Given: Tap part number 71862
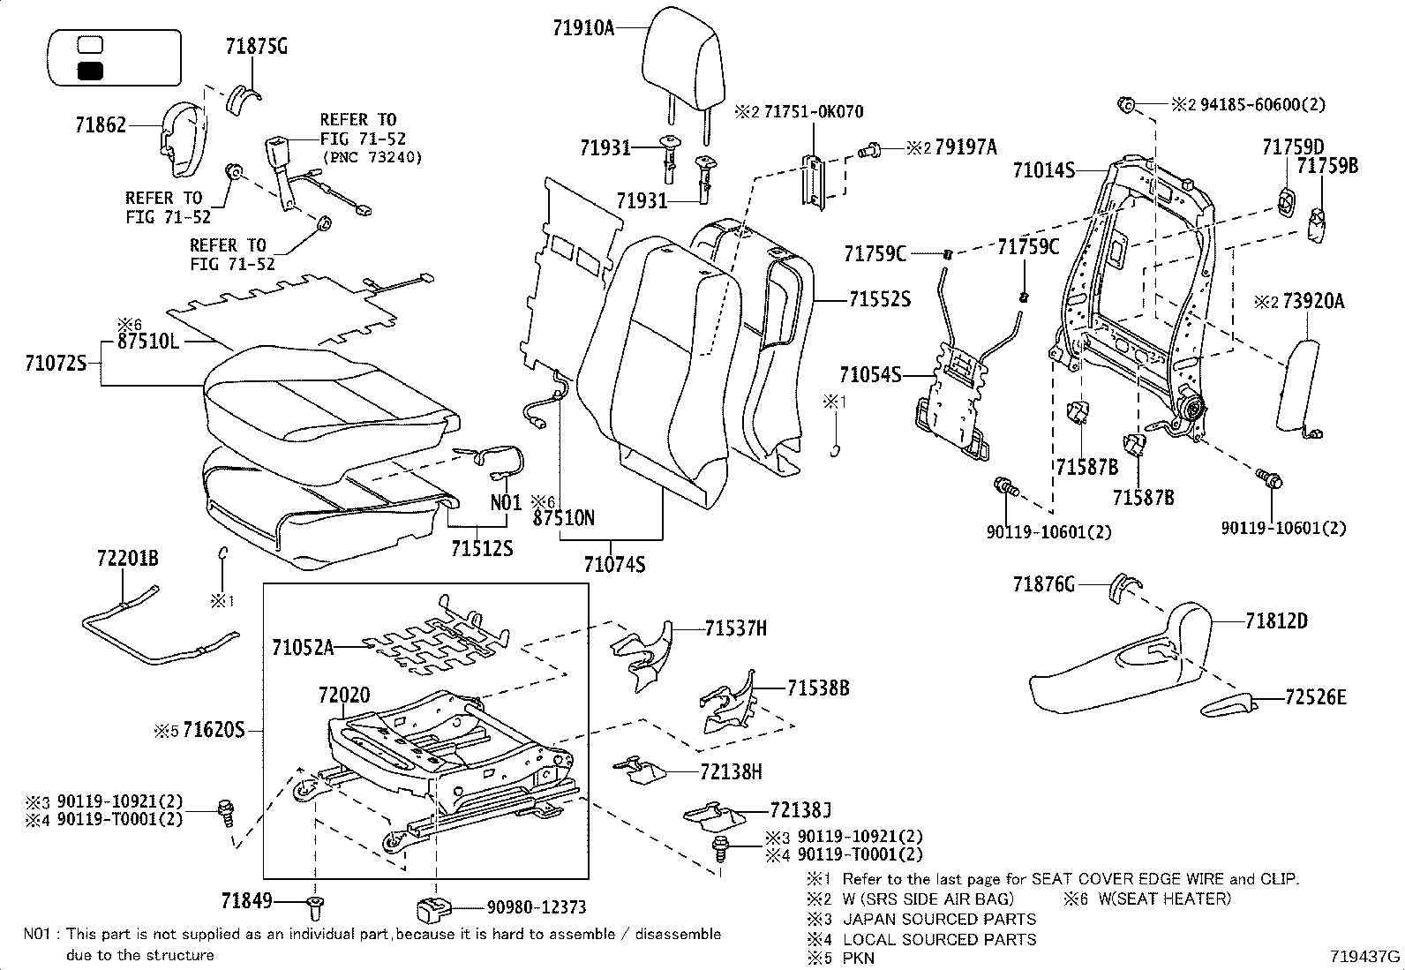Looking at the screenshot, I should tap(100, 126).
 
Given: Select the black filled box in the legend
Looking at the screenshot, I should tap(90, 71).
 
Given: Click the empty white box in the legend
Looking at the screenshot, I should tap(90, 44).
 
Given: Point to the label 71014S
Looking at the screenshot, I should tap(1043, 170).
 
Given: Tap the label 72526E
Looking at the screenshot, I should tap(1316, 697).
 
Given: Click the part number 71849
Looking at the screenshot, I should tap(246, 900).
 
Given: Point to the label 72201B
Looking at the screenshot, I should tap(128, 558).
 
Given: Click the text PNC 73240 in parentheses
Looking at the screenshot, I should tap(371, 158).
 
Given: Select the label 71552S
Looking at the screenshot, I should tap(879, 300).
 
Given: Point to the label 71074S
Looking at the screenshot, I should tap(614, 562).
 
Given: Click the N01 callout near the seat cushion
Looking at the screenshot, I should tap(507, 503).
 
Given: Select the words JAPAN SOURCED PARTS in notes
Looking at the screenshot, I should tap(940, 919).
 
